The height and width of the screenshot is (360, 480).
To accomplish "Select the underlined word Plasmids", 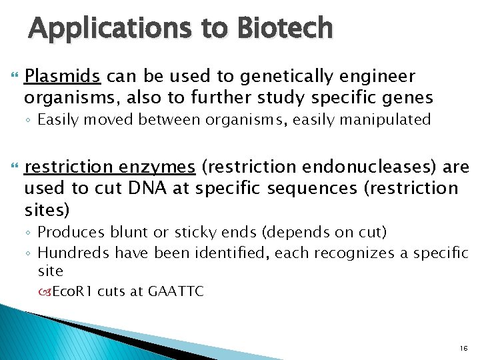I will point(62,77).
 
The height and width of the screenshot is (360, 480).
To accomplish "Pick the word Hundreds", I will point(74,252).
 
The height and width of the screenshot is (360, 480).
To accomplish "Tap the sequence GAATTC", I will point(175,292).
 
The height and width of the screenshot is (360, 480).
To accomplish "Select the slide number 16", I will point(464,348).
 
